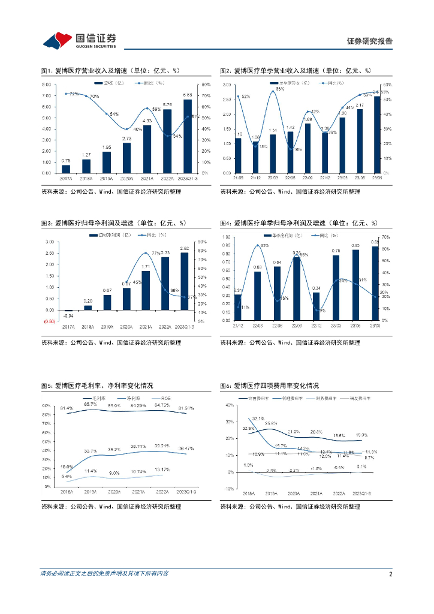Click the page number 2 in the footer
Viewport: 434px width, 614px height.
coord(390,574)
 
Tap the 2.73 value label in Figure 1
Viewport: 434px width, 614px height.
coord(126,139)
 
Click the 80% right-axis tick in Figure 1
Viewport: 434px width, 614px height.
coord(204,85)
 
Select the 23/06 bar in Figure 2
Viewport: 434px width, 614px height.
coord(360,141)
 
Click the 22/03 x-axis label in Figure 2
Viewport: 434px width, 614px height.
coord(273,178)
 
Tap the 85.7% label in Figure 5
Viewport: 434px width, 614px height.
coord(91,404)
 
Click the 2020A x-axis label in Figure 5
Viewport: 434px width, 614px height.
coord(114,491)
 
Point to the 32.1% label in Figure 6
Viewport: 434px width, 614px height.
coord(258,419)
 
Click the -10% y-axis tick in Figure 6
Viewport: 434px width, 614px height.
coord(230,489)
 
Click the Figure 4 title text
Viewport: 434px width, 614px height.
coord(300,223)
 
